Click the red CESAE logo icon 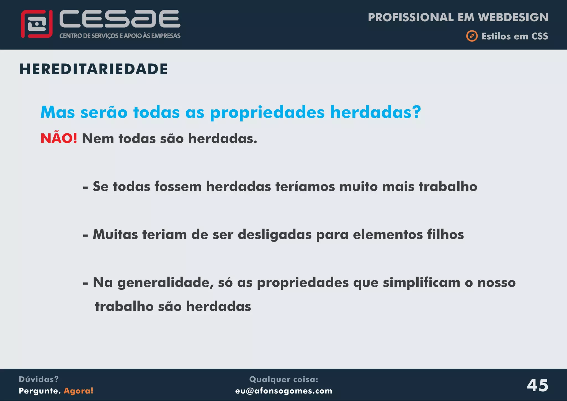[x=37, y=24]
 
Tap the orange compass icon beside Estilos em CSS [x=472, y=36]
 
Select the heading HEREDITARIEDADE [x=94, y=69]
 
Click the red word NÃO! [x=59, y=138]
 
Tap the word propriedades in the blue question [x=267, y=112]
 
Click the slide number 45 [x=537, y=385]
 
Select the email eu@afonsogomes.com [x=283, y=391]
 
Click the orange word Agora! [x=79, y=391]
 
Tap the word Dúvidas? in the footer [x=39, y=379]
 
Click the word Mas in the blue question [x=58, y=112]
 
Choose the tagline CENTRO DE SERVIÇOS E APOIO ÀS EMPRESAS [x=120, y=36]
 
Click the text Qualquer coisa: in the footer [x=283, y=379]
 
